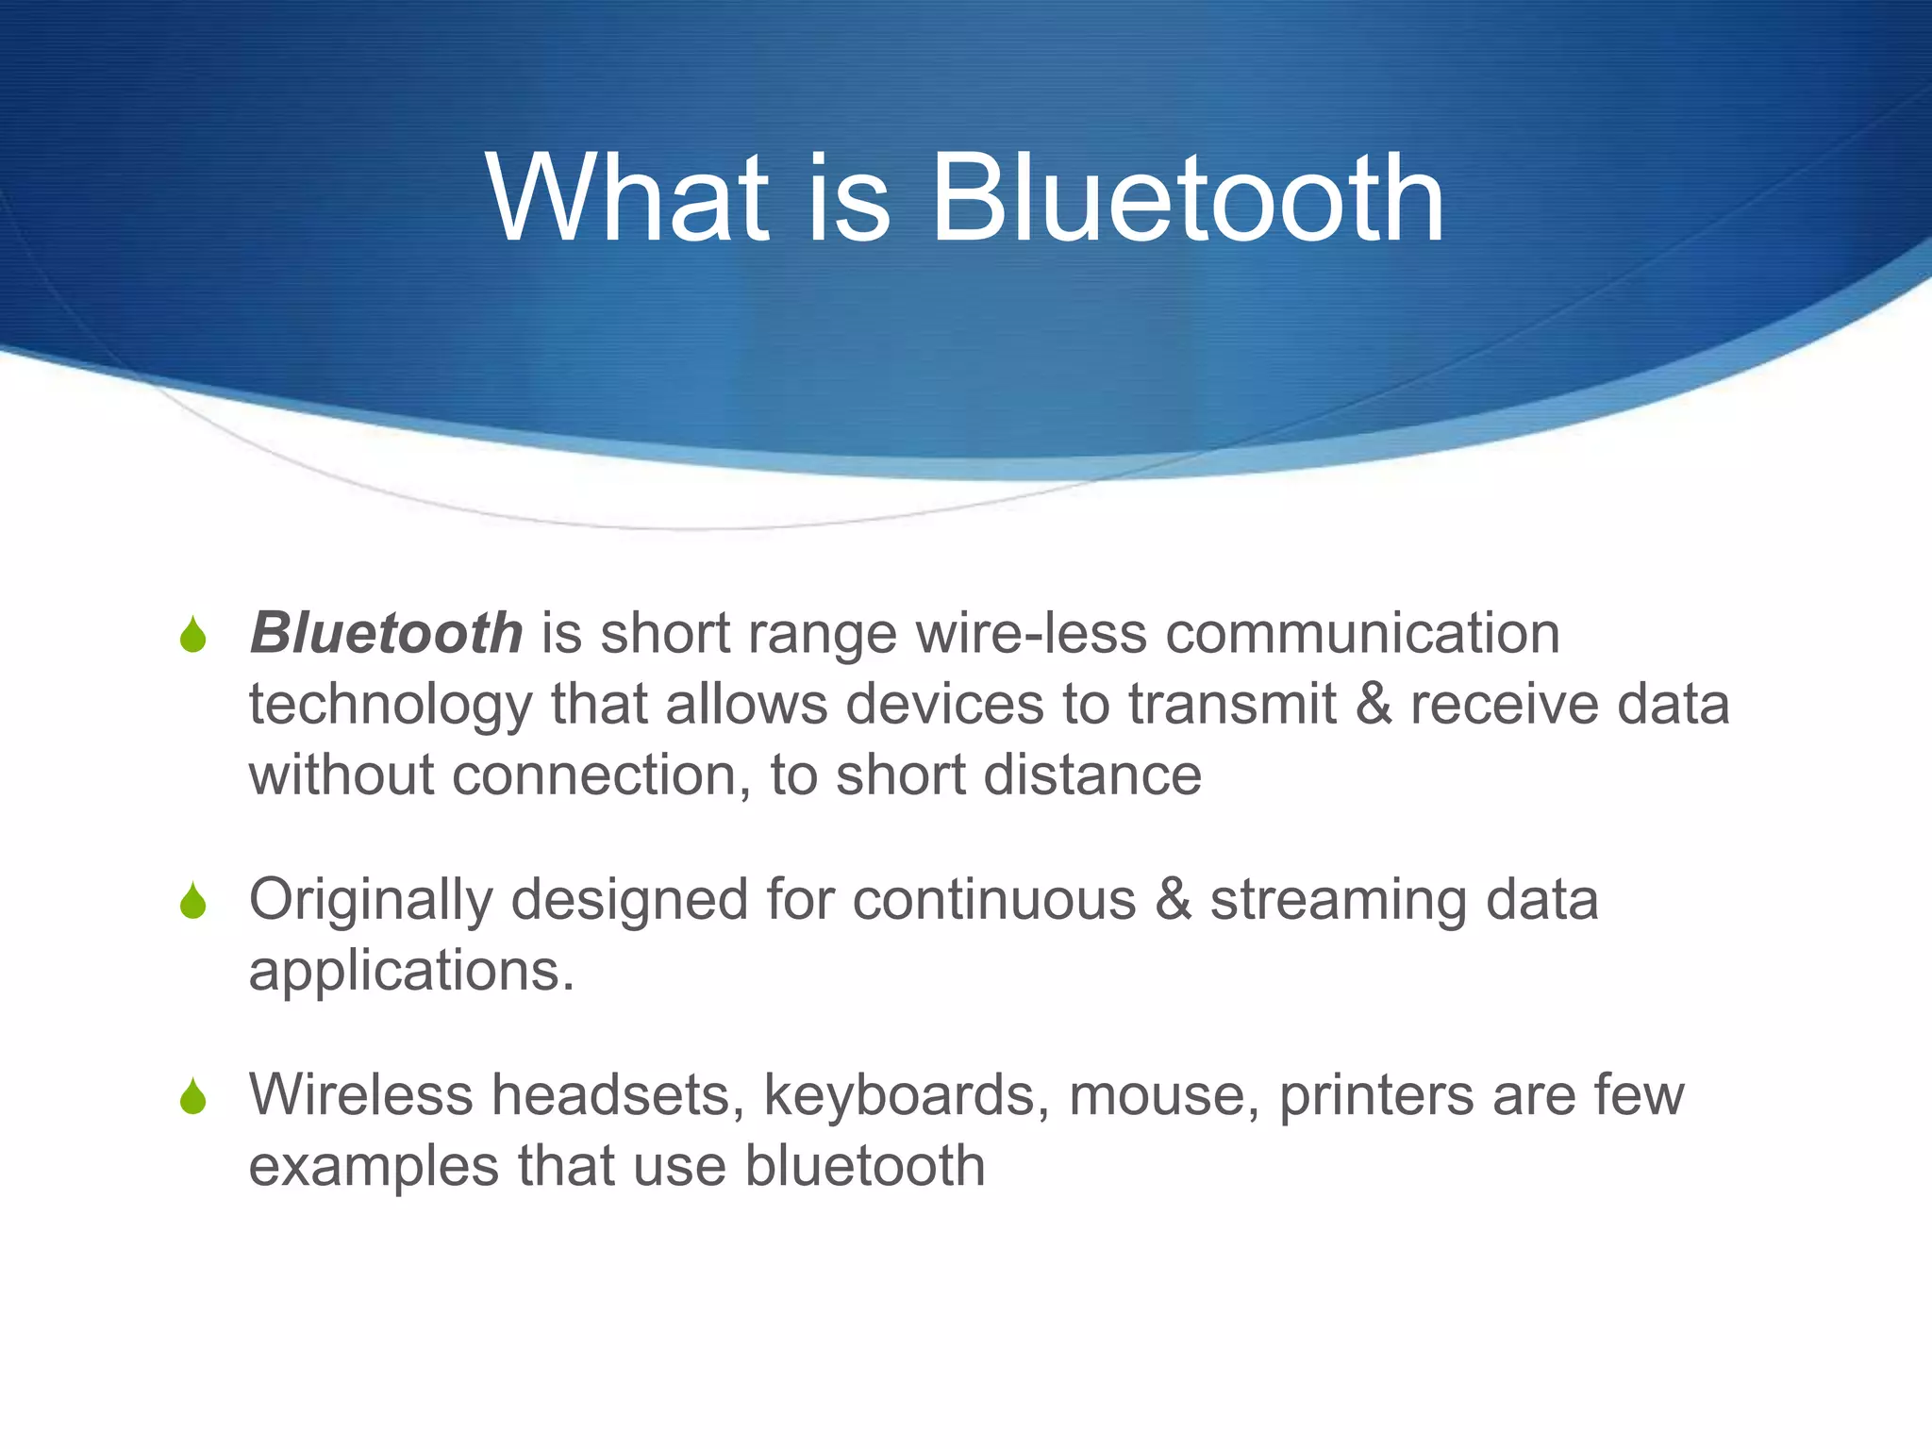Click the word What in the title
coord(627,200)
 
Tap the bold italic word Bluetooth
coord(386,633)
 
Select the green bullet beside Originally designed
coord(193,901)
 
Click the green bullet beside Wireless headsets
coord(193,1096)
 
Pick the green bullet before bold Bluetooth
coord(193,635)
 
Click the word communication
coord(1362,633)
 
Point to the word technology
coord(391,707)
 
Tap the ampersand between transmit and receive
coord(1374,705)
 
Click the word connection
coord(593,775)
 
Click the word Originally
coord(371,901)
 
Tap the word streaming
coord(1339,901)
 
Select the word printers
coord(1377,1095)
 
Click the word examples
coord(374,1166)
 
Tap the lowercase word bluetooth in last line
coord(865,1166)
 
